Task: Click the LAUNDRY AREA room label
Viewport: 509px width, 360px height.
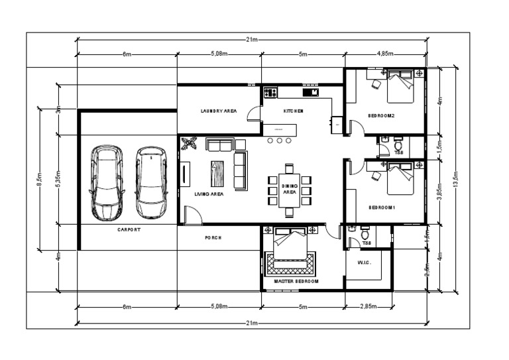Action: click(x=218, y=111)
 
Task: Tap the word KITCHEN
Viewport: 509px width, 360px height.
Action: click(x=294, y=111)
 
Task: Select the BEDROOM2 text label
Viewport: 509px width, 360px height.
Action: click(x=382, y=116)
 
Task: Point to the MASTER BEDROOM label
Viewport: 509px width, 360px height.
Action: click(x=296, y=282)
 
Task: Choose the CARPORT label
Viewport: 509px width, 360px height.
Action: click(x=129, y=229)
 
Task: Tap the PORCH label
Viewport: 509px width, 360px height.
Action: click(x=213, y=237)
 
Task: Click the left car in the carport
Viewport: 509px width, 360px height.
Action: click(x=107, y=183)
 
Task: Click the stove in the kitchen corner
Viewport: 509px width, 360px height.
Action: click(x=270, y=93)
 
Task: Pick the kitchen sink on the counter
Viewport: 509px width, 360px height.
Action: click(x=311, y=92)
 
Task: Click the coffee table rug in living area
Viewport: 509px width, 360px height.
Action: click(x=218, y=173)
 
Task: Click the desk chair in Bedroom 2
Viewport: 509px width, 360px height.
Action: click(x=376, y=84)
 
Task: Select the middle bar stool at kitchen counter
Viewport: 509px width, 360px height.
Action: click(x=280, y=141)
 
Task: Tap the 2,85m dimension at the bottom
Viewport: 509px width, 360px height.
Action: click(x=368, y=307)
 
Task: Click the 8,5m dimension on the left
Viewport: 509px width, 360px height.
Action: click(x=39, y=179)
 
